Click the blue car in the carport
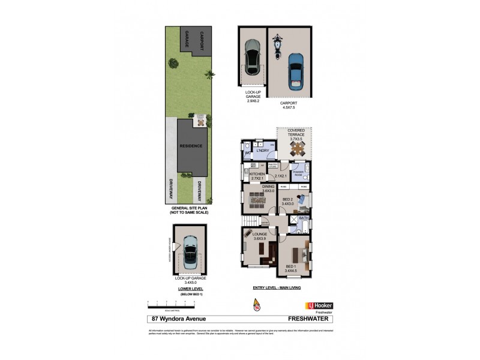(295, 70)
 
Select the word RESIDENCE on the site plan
(189, 146)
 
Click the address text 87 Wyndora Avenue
(173, 319)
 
